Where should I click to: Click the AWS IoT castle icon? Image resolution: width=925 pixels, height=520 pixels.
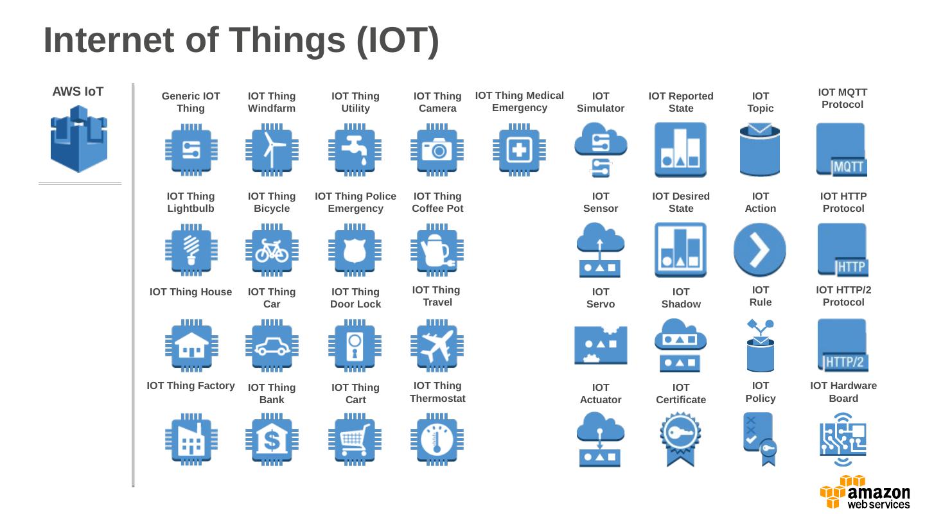pos(79,139)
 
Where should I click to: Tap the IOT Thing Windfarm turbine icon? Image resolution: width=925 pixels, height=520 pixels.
pos(272,150)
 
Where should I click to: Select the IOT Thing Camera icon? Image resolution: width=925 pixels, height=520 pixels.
pos(437,150)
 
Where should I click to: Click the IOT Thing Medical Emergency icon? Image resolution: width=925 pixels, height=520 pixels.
pos(519,150)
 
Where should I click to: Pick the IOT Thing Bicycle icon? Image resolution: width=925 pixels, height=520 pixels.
pos(272,250)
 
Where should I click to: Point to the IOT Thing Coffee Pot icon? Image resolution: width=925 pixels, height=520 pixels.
pos(437,250)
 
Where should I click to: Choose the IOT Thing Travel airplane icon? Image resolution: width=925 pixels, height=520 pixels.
pos(437,345)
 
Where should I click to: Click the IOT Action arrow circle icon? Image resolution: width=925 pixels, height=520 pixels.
pos(760,250)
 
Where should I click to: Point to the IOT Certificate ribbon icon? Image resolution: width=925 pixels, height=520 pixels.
pos(680,439)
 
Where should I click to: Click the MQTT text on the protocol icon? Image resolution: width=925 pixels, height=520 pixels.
pos(849,168)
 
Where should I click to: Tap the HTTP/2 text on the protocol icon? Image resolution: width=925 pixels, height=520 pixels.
pos(845,362)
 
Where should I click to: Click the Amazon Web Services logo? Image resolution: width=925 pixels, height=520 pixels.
pos(865,492)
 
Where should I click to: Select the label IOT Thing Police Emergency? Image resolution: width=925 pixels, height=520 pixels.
pos(355,202)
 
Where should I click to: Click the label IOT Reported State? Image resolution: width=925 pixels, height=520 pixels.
pos(681,102)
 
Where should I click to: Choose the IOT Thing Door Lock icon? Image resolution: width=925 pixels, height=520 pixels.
pos(355,345)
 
